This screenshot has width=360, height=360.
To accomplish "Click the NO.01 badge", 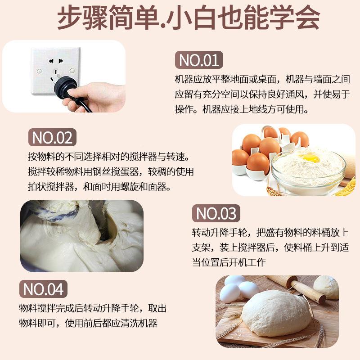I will tap(198, 60).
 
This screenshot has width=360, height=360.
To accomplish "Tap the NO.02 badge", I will tap(52, 138).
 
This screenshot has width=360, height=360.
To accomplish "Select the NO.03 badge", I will tap(216, 213).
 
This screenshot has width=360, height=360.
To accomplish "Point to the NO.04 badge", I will tap(44, 289).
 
